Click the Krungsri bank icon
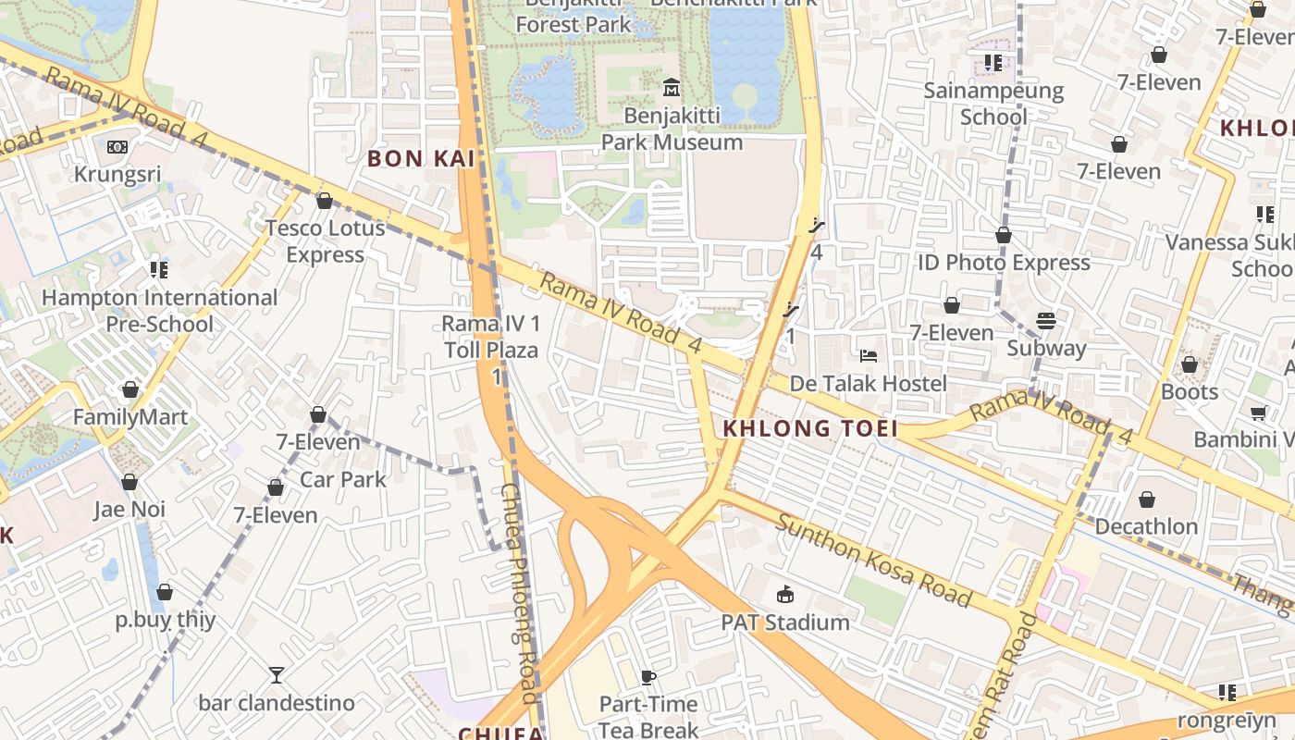[117, 147]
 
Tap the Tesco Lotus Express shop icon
[325, 201]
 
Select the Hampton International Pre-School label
[159, 311]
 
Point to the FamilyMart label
[130, 417]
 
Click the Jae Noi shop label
[129, 510]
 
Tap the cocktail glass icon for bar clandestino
[276, 675]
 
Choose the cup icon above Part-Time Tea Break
[648, 677]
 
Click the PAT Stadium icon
[785, 594]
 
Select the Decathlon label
[1146, 526]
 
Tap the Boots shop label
[1190, 391]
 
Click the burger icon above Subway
[1046, 321]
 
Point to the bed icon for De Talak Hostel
[868, 356]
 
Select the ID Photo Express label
[1004, 263]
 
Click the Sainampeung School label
[993, 104]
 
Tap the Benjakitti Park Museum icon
[672, 89]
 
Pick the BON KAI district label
[421, 159]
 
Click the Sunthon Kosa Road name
[873, 561]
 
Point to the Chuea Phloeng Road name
[520, 592]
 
